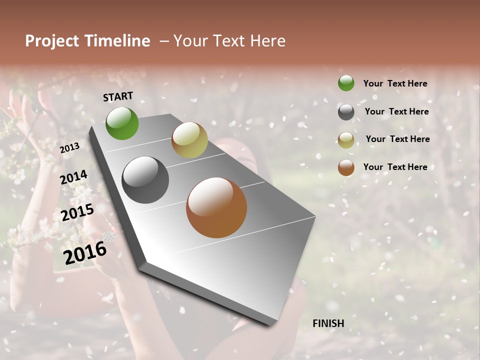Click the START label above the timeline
point(118,96)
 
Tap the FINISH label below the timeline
point(328,323)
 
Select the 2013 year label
point(69,148)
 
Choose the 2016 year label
point(85,253)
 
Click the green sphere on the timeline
point(122,123)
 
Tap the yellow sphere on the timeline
point(189,140)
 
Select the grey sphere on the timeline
point(145,180)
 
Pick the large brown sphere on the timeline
point(216,207)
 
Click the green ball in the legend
point(346,83)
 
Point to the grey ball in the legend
point(346,112)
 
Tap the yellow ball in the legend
point(346,140)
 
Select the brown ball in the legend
point(346,167)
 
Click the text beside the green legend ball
point(395,83)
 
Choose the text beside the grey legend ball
point(396,111)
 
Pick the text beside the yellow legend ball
point(397,139)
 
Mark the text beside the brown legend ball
point(395,167)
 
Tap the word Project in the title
point(51,41)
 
